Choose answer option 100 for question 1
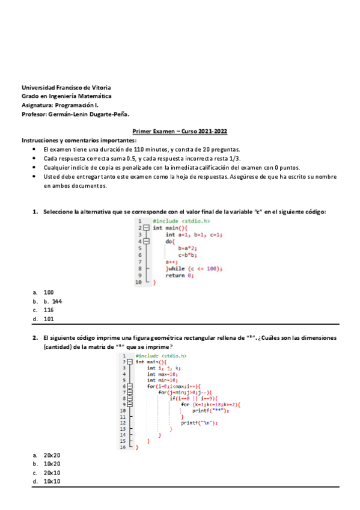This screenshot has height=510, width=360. [x=49, y=292]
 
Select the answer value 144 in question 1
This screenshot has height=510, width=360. [x=57, y=301]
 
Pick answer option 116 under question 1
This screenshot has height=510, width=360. [x=49, y=310]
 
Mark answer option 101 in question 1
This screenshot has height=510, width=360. [x=49, y=319]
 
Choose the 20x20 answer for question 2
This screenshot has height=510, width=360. [x=52, y=455]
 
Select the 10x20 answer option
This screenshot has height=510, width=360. [x=52, y=464]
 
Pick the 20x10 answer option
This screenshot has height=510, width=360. [x=52, y=473]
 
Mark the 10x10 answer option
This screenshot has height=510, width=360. [x=52, y=482]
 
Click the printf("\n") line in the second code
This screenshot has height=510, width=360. [x=199, y=422]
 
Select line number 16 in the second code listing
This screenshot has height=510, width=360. [x=123, y=447]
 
